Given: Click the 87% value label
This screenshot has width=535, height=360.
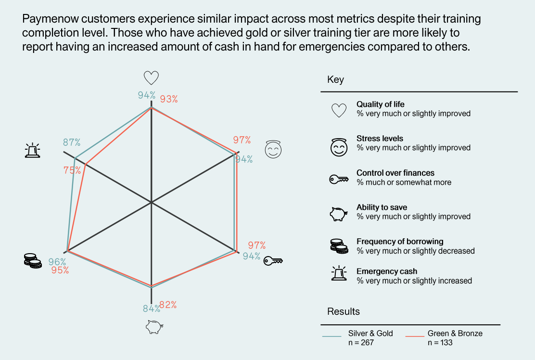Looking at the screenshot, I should click(x=72, y=142).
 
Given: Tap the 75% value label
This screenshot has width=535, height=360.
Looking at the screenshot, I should click(x=72, y=170).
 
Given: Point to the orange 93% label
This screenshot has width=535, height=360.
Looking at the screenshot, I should click(x=169, y=99).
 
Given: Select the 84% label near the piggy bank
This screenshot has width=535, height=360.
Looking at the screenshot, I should click(x=151, y=309).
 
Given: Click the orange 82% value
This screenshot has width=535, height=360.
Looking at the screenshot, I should click(x=168, y=305).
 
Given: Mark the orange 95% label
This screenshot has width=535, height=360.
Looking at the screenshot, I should click(x=60, y=270).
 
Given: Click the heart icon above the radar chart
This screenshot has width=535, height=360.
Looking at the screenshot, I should click(x=151, y=78).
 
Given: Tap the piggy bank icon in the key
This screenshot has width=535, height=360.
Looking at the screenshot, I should click(x=339, y=213).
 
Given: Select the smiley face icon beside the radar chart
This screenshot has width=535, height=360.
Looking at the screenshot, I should click(x=273, y=150).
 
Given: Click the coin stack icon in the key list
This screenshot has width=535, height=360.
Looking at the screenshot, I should click(x=339, y=246).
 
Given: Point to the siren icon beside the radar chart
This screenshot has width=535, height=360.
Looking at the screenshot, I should click(x=32, y=151).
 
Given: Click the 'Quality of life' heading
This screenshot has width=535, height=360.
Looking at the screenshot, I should click(x=381, y=104).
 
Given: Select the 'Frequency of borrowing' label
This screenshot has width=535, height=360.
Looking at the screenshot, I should click(x=400, y=242).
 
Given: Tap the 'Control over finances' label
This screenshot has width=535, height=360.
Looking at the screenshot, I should click(x=395, y=173).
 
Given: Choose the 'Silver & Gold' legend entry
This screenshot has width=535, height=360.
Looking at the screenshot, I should click(x=370, y=333).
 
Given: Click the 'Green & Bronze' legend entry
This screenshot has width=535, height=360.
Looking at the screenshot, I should click(x=455, y=333).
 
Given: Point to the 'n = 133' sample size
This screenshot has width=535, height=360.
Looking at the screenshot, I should click(x=440, y=343).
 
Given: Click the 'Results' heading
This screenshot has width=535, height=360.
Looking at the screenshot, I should click(x=344, y=311).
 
